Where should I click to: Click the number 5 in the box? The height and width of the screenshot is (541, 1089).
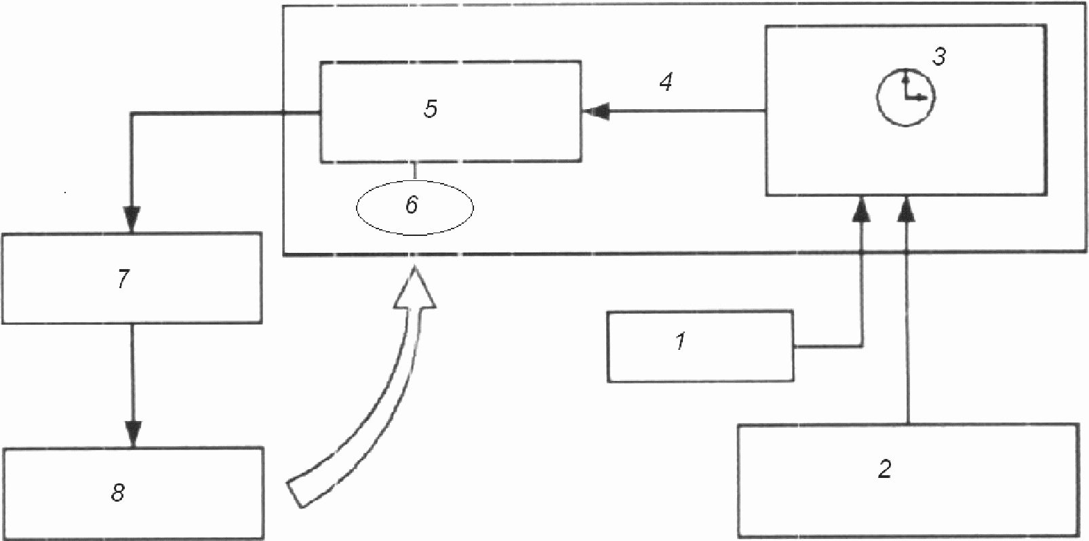pos(431,109)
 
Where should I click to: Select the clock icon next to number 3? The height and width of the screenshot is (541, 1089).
pos(906,97)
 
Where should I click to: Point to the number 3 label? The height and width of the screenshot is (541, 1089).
pos(939,58)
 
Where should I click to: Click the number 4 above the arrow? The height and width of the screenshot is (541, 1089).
pos(667,83)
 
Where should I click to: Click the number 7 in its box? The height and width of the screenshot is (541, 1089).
pos(123,279)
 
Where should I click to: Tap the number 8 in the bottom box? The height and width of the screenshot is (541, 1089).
pos(118,493)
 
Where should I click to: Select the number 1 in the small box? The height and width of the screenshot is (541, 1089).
pos(681,341)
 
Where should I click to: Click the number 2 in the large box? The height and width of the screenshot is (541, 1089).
pos(884,469)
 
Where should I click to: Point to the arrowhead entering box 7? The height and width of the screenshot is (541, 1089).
pos(132,220)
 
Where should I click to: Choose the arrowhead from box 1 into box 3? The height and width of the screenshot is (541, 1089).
pos(861,209)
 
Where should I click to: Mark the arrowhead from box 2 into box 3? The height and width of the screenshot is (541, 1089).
pos(907,209)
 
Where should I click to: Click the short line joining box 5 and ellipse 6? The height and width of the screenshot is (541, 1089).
pos(415,171)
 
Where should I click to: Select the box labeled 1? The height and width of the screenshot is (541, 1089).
pos(700,346)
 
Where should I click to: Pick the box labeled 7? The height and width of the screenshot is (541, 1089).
pos(132,278)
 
